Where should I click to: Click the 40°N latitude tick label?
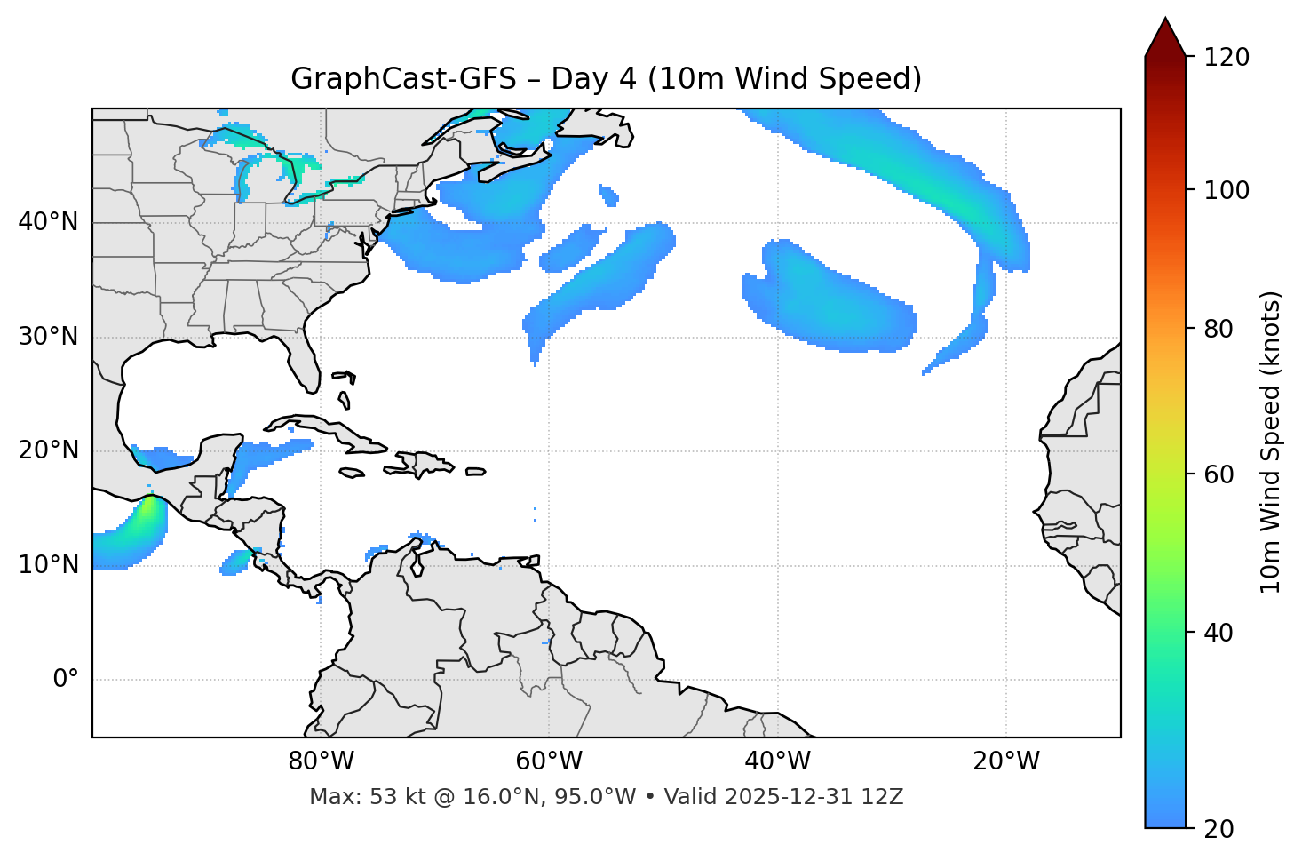(x=48, y=222)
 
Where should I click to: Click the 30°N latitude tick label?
(x=48, y=337)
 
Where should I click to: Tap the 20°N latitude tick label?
(x=48, y=450)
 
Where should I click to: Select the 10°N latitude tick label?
(x=48, y=565)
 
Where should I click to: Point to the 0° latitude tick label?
(x=66, y=680)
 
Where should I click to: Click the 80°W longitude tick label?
(x=321, y=761)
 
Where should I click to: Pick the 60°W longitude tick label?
(x=549, y=761)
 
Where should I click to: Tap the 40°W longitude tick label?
(x=777, y=761)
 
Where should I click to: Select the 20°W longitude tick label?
(x=1005, y=761)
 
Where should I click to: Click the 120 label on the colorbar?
(x=1227, y=58)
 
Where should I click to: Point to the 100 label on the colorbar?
(x=1227, y=190)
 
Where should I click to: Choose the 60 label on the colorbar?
(x=1220, y=474)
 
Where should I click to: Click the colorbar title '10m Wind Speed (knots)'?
(x=1271, y=442)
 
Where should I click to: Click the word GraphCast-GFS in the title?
(x=403, y=79)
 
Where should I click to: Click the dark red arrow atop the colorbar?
(x=1165, y=37)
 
